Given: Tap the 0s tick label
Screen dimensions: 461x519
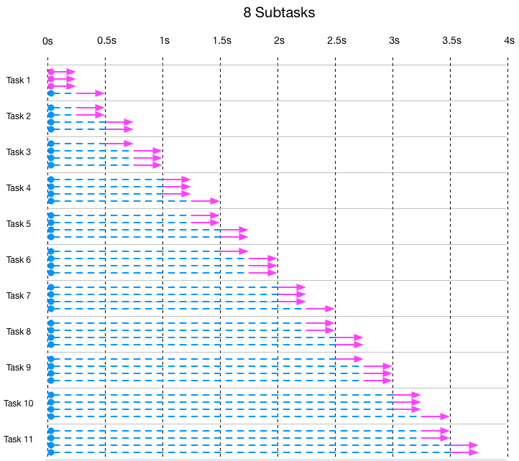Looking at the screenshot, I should click(47, 42).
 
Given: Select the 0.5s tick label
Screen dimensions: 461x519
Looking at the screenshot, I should click(106, 42).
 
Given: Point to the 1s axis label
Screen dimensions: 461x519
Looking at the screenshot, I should click(163, 42).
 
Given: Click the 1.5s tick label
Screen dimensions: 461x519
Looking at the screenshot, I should click(221, 42).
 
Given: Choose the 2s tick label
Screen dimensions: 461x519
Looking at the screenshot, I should click(278, 42).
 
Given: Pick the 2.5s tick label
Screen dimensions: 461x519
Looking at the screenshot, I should click(336, 42).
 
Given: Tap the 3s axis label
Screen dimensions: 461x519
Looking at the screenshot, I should click(393, 42).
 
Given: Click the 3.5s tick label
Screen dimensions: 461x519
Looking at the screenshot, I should click(451, 42).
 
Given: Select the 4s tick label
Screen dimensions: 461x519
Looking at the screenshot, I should click(509, 42).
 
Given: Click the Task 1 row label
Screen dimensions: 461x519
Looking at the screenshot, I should click(19, 80).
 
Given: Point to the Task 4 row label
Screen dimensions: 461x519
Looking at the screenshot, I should click(19, 188).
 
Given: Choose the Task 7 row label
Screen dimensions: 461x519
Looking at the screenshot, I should click(19, 296).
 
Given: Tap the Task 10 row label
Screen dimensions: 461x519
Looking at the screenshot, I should click(19, 404).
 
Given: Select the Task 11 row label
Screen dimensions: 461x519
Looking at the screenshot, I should click(19, 439).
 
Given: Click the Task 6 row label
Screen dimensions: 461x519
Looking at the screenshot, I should click(19, 260).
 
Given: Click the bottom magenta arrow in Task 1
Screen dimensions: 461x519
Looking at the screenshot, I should click(91, 93).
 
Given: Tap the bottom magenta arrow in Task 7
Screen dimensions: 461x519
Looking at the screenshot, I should click(320, 309).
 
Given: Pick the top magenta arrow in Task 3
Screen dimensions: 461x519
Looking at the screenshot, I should click(119, 144).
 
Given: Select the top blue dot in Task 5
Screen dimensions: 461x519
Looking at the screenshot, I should click(51, 215).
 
